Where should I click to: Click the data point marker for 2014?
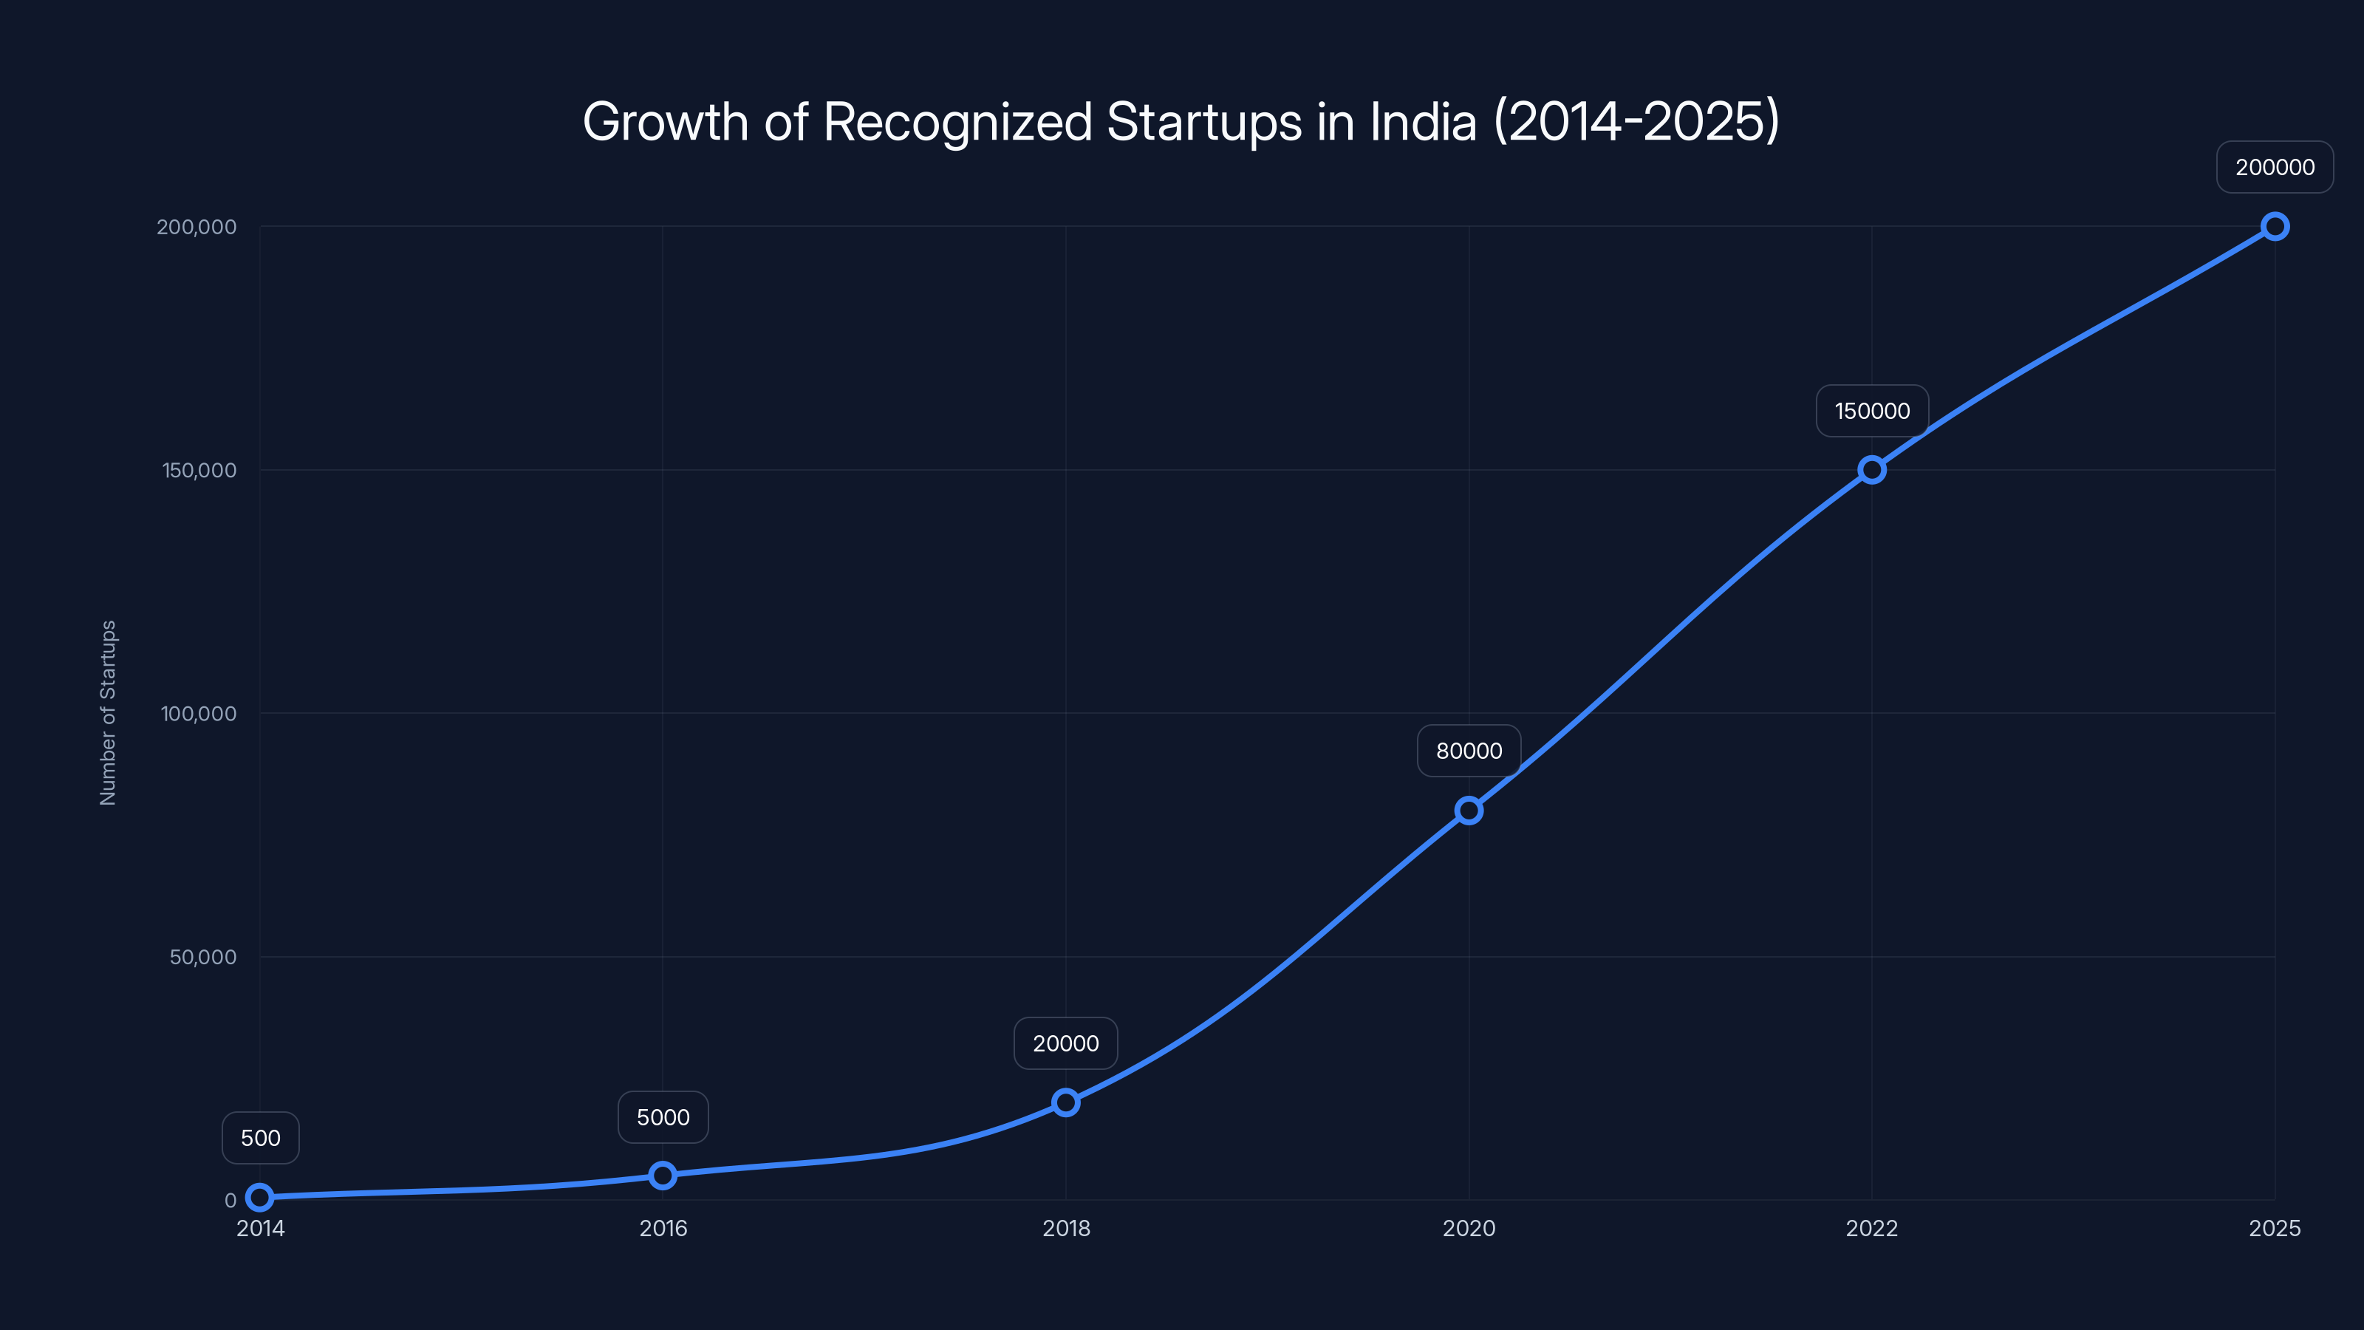[x=260, y=1197]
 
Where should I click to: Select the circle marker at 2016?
[x=663, y=1175]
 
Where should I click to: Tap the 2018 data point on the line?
[x=1065, y=1102]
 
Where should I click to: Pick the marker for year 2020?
[x=1469, y=811]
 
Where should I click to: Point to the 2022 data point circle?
[x=1871, y=470]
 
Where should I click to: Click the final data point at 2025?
[x=2274, y=227]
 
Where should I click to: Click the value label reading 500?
[x=261, y=1138]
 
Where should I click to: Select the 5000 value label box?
[x=663, y=1117]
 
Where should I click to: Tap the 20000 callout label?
[x=1065, y=1043]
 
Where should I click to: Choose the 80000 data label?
[x=1469, y=751]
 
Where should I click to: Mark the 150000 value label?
[x=1871, y=412]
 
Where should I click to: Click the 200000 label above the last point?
[x=2274, y=167]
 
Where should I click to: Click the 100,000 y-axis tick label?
[x=198, y=713]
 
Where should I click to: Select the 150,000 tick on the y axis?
[x=199, y=470]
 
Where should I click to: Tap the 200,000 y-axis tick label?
[x=197, y=227]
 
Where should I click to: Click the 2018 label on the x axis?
[x=1065, y=1228]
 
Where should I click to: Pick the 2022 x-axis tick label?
[x=1871, y=1228]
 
